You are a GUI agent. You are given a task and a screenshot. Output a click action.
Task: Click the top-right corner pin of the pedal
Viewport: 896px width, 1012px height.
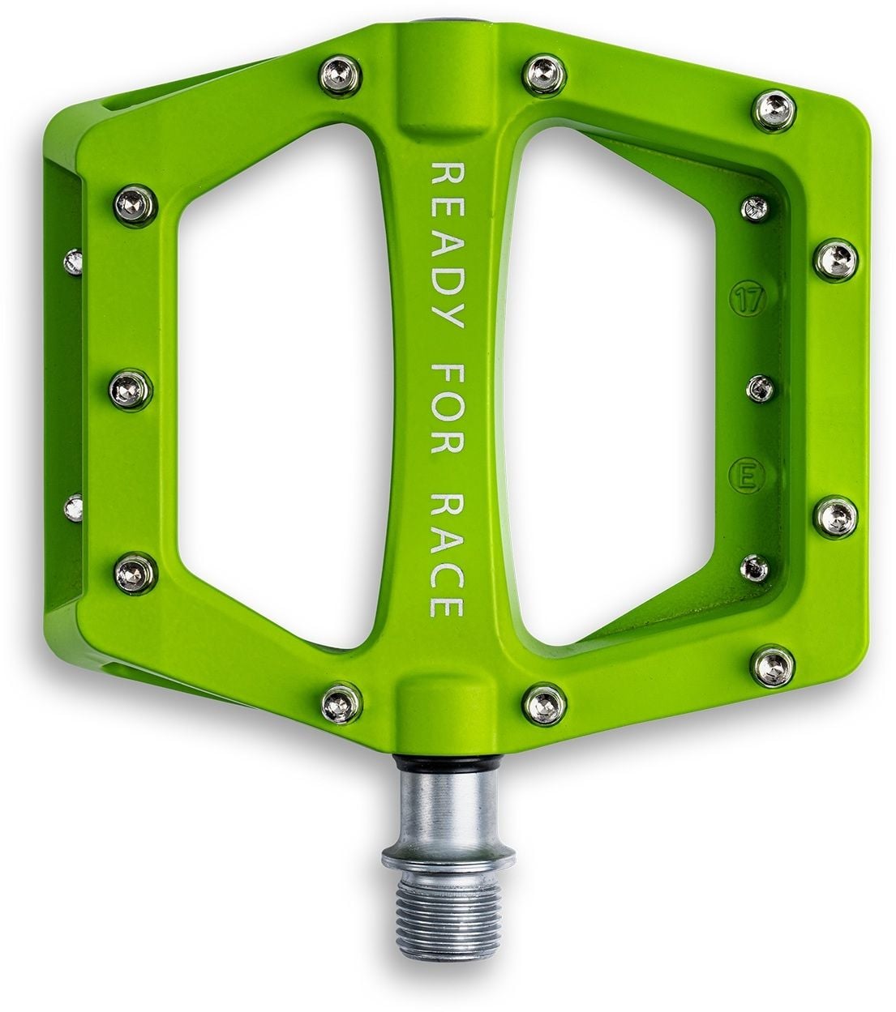766,104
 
